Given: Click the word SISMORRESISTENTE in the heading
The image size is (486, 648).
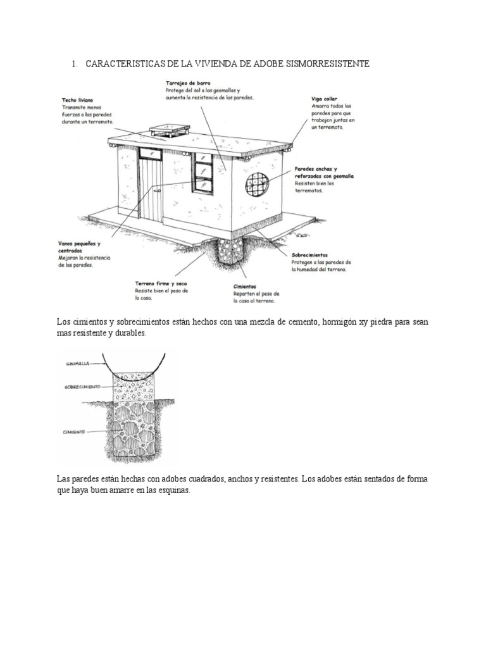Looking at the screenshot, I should tap(322, 65).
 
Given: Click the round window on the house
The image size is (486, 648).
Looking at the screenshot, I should tap(256, 184).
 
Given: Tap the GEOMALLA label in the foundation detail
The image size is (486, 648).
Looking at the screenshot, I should tap(77, 364).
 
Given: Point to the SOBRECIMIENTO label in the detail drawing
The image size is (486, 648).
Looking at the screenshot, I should tap(84, 386).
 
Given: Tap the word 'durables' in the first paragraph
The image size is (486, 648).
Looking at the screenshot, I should tap(129, 333).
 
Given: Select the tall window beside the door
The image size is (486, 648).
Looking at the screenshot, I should tap(203, 173).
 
